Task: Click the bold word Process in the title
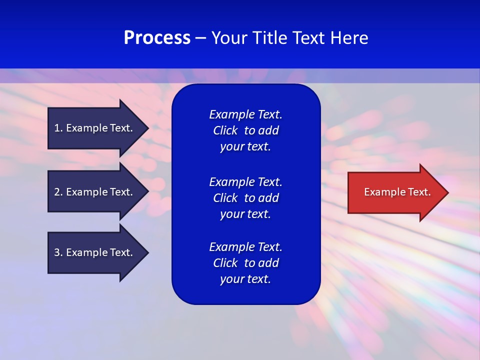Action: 157,38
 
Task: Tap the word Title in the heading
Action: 267,38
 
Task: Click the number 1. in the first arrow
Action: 58,128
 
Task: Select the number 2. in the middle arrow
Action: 58,192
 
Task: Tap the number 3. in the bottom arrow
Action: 58,252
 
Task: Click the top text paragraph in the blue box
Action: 245,130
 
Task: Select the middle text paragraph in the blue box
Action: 245,198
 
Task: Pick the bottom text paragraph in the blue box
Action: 245,263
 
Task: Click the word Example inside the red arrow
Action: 381,192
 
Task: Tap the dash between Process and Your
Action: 200,38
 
